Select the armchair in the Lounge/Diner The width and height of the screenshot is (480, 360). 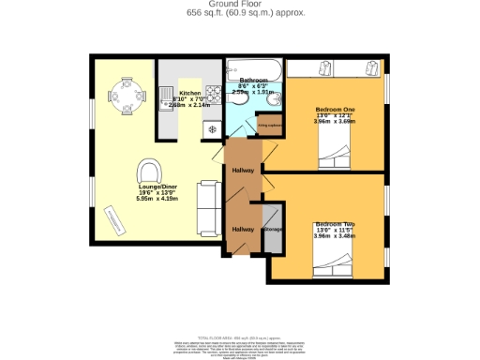[x=148, y=172]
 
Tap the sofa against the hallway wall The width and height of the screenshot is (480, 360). [x=208, y=198]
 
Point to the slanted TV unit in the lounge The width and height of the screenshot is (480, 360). [x=117, y=222]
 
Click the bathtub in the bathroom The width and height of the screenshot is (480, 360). [x=253, y=67]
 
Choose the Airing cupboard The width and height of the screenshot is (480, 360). [x=269, y=124]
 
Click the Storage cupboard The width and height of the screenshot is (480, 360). [x=274, y=229]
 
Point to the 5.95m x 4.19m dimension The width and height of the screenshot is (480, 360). [x=157, y=199]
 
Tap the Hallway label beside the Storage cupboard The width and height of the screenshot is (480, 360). [x=243, y=229]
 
